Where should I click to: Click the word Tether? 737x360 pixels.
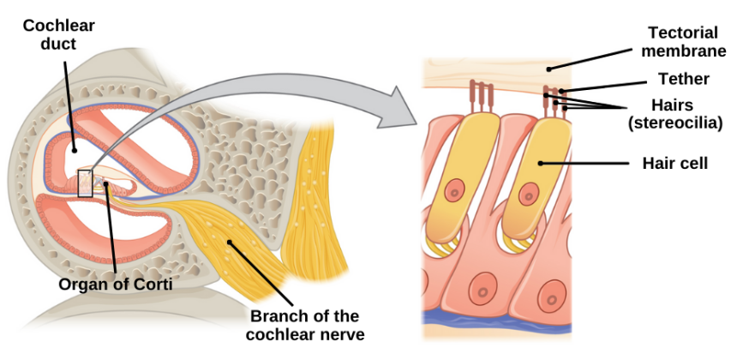683,79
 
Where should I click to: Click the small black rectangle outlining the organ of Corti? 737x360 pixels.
85,184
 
